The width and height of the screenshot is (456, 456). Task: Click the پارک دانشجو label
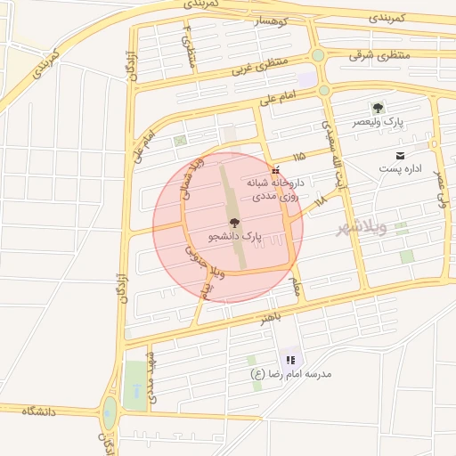click(x=235, y=238)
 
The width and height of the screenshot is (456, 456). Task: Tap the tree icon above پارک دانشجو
click(x=235, y=223)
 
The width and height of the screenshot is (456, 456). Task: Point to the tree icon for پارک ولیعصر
click(x=377, y=108)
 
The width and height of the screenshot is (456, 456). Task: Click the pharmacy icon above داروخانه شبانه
click(x=275, y=169)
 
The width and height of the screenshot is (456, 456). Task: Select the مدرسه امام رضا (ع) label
click(x=291, y=373)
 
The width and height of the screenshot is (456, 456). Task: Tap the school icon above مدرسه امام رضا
click(x=290, y=359)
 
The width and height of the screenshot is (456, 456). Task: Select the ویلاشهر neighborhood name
click(x=362, y=229)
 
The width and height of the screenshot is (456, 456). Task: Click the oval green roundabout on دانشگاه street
click(x=110, y=411)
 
